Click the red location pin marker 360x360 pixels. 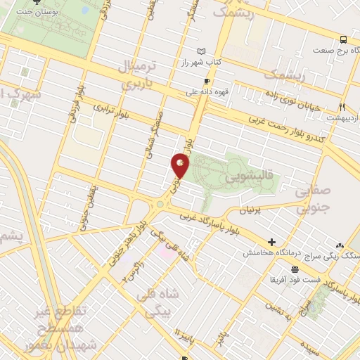(x=180, y=165)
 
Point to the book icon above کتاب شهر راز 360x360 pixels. (x=203, y=51)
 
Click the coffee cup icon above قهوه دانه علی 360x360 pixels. (x=206, y=81)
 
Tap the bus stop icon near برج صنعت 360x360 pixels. (x=344, y=39)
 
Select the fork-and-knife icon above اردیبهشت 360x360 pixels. (x=342, y=107)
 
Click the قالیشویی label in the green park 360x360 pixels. (x=243, y=179)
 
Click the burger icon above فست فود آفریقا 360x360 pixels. (x=293, y=270)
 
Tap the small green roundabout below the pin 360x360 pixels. (x=161, y=204)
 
